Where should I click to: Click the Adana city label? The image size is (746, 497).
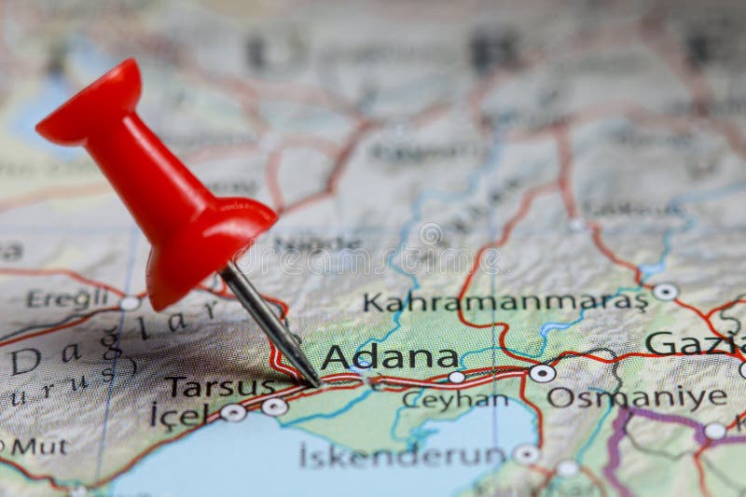(390, 358)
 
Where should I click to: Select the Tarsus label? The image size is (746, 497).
(219, 386)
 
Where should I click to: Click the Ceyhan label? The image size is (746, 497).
(455, 401)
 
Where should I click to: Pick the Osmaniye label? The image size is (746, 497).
(637, 397)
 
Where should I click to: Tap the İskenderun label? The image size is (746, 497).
(402, 455)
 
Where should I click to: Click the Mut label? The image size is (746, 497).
(39, 446)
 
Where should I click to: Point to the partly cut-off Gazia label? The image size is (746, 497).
(694, 343)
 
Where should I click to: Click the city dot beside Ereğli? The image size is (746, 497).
(130, 303)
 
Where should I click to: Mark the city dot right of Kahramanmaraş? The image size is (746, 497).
(665, 292)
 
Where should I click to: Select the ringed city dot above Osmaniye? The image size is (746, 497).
(542, 373)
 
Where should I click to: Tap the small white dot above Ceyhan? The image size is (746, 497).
(456, 377)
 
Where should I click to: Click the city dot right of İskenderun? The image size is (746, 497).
(526, 454)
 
